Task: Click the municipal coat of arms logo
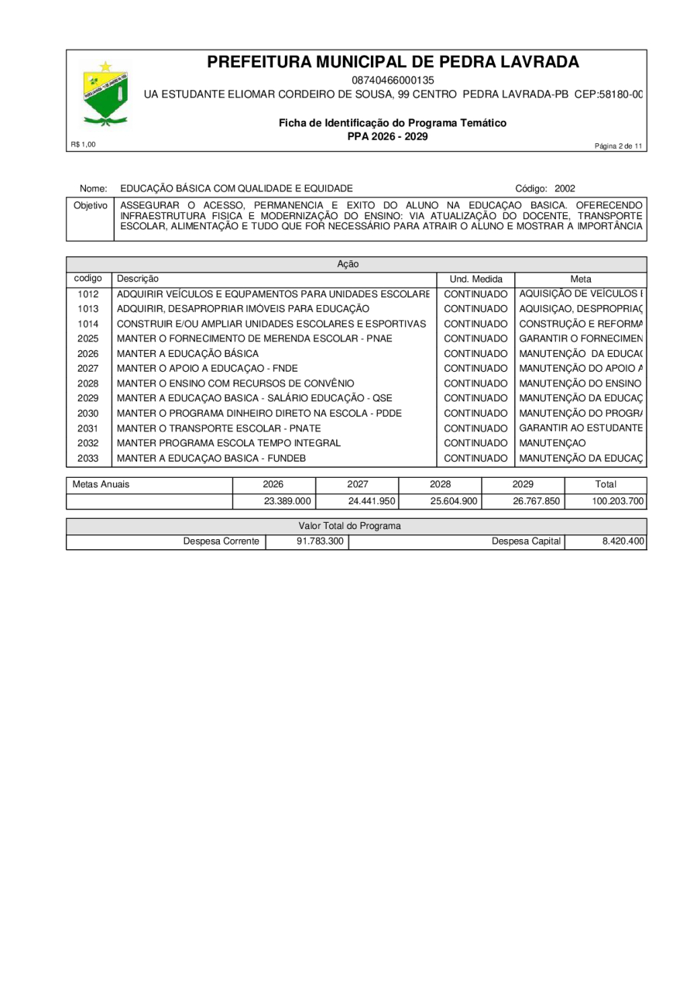(105, 94)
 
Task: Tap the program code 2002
(565, 188)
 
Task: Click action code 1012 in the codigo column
(88, 294)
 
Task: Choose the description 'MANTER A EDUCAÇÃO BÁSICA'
(187, 353)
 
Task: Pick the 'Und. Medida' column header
(476, 279)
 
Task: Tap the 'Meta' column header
(581, 279)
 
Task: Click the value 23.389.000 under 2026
(287, 501)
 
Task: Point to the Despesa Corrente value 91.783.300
(320, 541)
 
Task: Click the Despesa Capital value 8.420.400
(623, 541)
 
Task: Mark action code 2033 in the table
(88, 458)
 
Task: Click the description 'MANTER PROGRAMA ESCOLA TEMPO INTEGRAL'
(228, 443)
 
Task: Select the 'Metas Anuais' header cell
(101, 485)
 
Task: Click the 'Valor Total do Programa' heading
(349, 526)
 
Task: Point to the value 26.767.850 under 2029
(536, 501)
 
